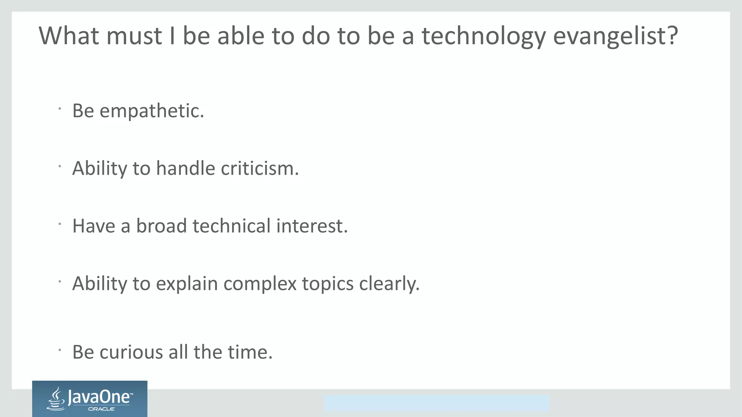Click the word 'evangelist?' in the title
[x=616, y=36]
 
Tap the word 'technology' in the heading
[x=484, y=36]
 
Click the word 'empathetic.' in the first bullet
[x=152, y=111]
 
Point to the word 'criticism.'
[x=260, y=168]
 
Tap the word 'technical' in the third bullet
[x=232, y=226]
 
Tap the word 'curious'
[x=131, y=352]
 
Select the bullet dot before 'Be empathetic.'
[x=59, y=108]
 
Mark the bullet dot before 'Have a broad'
[x=59, y=224]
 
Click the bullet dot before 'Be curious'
[x=59, y=350]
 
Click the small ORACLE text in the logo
[x=101, y=409]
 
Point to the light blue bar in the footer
[x=436, y=403]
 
